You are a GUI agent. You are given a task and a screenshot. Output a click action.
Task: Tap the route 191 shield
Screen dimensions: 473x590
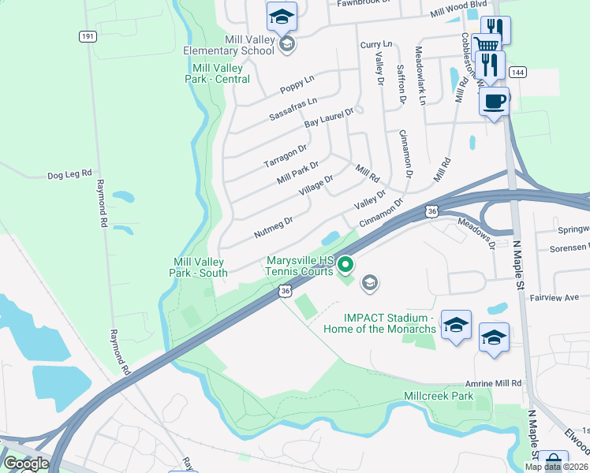(88, 36)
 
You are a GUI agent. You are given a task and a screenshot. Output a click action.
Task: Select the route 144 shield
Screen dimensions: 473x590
(516, 72)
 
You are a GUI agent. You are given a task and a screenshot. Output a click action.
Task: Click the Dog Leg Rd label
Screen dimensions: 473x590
(70, 174)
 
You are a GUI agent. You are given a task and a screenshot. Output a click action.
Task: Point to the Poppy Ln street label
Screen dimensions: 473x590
(297, 84)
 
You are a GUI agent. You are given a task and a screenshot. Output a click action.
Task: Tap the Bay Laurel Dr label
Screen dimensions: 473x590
(330, 118)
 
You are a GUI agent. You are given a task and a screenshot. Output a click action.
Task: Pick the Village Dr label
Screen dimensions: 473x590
(317, 186)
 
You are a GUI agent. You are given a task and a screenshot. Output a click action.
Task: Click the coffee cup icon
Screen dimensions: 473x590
(494, 102)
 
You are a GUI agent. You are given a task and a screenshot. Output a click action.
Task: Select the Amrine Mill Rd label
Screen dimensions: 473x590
(495, 382)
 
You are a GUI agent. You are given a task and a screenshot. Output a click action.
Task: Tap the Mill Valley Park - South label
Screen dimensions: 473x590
(199, 267)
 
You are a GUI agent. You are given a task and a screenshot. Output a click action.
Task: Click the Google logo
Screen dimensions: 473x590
(26, 464)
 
